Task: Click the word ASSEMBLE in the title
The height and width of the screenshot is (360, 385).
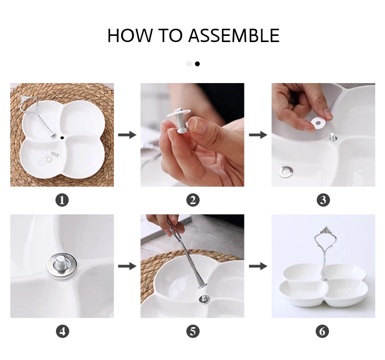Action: click(x=234, y=35)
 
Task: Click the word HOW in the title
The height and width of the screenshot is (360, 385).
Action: click(x=130, y=35)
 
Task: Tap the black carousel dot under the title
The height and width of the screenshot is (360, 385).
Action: click(x=197, y=64)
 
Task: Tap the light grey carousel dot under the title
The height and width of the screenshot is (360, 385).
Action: click(x=189, y=64)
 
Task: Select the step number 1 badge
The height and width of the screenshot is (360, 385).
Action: click(x=62, y=200)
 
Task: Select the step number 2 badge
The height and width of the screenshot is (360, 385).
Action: click(x=192, y=200)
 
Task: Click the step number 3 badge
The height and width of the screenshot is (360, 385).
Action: click(x=323, y=200)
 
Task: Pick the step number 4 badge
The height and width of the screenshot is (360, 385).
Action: click(x=62, y=332)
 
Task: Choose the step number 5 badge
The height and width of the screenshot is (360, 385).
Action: click(x=192, y=332)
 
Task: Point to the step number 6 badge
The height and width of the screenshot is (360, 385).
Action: click(x=322, y=332)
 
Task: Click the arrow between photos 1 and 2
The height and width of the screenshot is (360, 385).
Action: click(x=127, y=135)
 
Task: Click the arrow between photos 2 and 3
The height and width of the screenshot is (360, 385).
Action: click(x=258, y=135)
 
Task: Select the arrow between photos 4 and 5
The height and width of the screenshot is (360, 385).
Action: click(x=127, y=266)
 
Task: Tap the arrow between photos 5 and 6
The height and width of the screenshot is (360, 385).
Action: click(x=258, y=266)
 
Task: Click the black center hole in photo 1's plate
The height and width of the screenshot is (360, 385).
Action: click(x=62, y=138)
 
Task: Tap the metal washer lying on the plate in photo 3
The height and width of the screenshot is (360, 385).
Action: click(x=286, y=171)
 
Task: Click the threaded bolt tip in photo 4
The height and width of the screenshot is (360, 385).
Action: click(x=60, y=263)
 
